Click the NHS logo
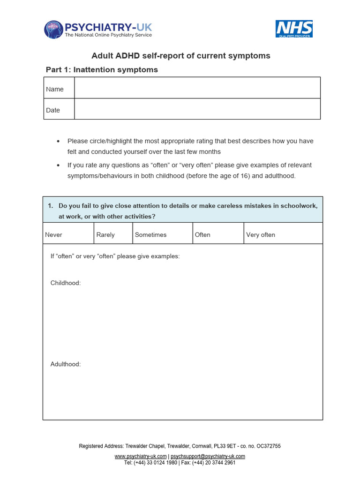click(x=294, y=29)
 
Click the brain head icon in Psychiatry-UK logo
click(x=53, y=30)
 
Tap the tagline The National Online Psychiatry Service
click(x=108, y=35)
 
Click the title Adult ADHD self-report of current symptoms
click(x=180, y=56)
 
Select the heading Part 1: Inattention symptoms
click(x=102, y=70)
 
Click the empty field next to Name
click(x=197, y=88)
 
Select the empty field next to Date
click(x=197, y=109)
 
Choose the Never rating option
click(x=53, y=235)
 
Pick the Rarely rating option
click(x=105, y=235)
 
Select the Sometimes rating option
click(x=150, y=235)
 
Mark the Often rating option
click(x=202, y=235)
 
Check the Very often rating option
click(x=261, y=235)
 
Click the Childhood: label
click(x=65, y=283)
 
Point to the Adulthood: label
click(x=65, y=364)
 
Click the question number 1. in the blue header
click(x=51, y=206)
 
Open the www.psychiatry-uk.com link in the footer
click(x=141, y=456)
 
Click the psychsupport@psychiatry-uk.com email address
click(x=208, y=456)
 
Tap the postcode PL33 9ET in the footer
click(x=224, y=446)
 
